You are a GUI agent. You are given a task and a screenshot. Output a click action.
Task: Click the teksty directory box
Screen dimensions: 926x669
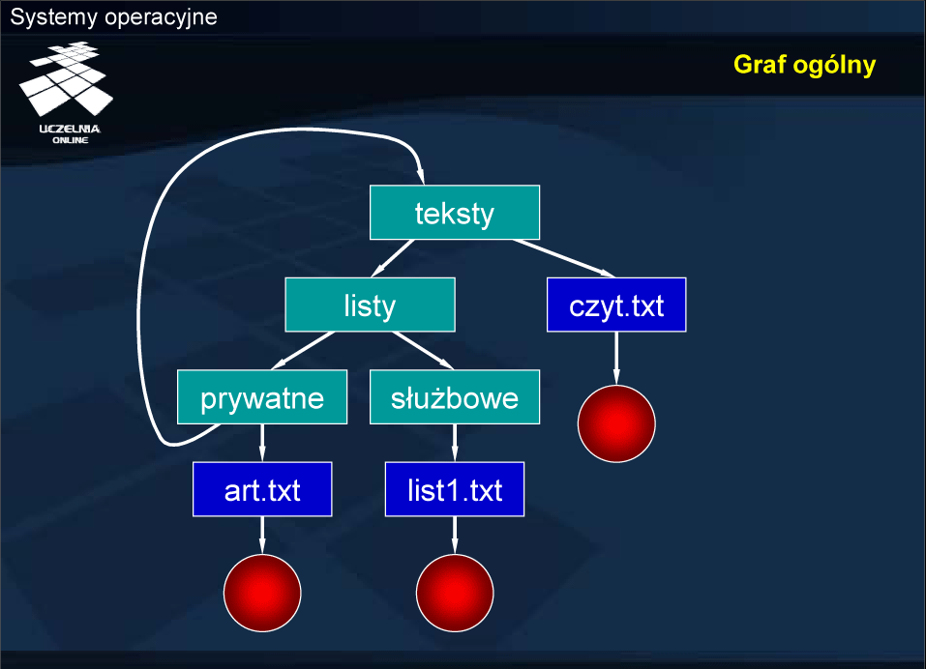[455, 213]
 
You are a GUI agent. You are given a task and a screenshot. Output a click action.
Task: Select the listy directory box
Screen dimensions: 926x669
[370, 305]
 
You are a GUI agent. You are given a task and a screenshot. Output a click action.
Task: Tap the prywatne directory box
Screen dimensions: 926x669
[262, 397]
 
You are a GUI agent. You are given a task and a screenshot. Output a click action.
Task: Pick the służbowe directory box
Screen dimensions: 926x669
[455, 397]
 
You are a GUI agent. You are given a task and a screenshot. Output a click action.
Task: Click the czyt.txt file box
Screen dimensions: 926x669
[616, 305]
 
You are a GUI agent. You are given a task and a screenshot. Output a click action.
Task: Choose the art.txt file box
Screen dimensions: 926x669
[262, 489]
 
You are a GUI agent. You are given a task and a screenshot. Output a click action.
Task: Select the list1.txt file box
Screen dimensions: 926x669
[455, 489]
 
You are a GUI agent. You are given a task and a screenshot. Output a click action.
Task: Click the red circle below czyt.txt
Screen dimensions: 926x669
[616, 423]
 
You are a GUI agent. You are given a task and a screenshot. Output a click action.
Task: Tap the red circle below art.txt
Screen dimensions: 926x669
[262, 593]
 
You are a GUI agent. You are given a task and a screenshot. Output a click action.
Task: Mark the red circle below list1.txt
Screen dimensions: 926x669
[455, 593]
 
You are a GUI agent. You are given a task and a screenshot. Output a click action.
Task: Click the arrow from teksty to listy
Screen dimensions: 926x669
[392, 258]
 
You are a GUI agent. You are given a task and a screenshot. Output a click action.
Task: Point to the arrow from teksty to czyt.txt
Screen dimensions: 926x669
[564, 258]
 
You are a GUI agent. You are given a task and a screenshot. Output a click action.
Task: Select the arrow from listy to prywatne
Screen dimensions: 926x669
[303, 350]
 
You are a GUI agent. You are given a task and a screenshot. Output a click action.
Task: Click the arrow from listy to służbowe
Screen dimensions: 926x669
[423, 350]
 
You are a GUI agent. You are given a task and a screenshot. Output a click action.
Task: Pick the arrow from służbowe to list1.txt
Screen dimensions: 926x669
[455, 443]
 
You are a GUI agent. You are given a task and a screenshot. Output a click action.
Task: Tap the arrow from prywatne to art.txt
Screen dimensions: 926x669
[262, 443]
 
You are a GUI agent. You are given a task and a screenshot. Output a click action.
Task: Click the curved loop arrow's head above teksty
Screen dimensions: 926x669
[421, 176]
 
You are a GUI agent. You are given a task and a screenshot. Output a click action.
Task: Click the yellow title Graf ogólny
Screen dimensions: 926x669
[804, 65]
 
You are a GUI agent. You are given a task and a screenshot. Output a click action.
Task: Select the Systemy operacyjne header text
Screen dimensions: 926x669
[114, 16]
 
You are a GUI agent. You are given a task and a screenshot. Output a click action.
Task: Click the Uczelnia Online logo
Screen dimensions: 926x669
[67, 92]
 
